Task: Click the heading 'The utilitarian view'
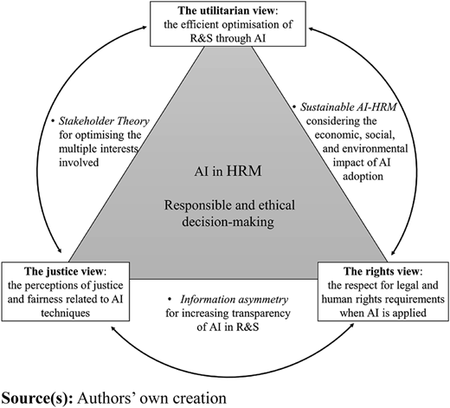(227, 10)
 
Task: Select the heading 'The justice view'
(63, 271)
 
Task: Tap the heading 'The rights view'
(381, 271)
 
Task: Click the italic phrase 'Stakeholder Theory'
(104, 121)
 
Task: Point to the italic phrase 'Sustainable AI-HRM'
(348, 107)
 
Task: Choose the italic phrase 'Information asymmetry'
(235, 300)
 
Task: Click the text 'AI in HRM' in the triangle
(228, 171)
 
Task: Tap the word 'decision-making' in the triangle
(228, 222)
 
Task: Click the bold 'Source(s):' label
(37, 398)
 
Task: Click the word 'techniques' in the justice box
(66, 313)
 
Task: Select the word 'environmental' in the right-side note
(379, 148)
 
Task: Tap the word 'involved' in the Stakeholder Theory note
(79, 162)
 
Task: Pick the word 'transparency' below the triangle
(261, 314)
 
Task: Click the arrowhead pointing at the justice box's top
(59, 249)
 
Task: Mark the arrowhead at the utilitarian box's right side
(312, 29)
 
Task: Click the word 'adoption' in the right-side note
(363, 176)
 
